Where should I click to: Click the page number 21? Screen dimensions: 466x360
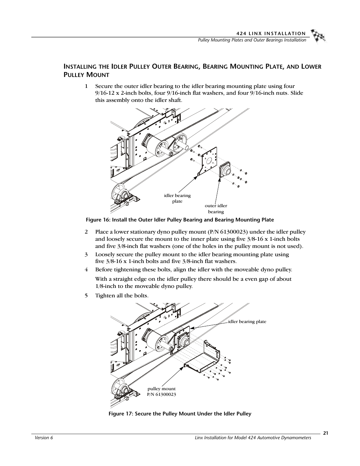pos(325,433)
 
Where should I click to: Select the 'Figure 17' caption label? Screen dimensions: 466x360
pos(120,414)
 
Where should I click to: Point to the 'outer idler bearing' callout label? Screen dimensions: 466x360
pos(216,209)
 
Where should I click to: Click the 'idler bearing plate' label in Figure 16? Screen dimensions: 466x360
pos(177,198)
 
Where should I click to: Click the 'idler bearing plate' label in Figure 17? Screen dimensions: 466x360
pos(247,321)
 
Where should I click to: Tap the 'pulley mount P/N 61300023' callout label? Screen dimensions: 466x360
pos(162,391)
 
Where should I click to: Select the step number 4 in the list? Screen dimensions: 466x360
pos(86,269)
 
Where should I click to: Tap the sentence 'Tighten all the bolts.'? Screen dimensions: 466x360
pos(122,295)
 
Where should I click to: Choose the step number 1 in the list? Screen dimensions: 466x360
pos(86,86)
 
